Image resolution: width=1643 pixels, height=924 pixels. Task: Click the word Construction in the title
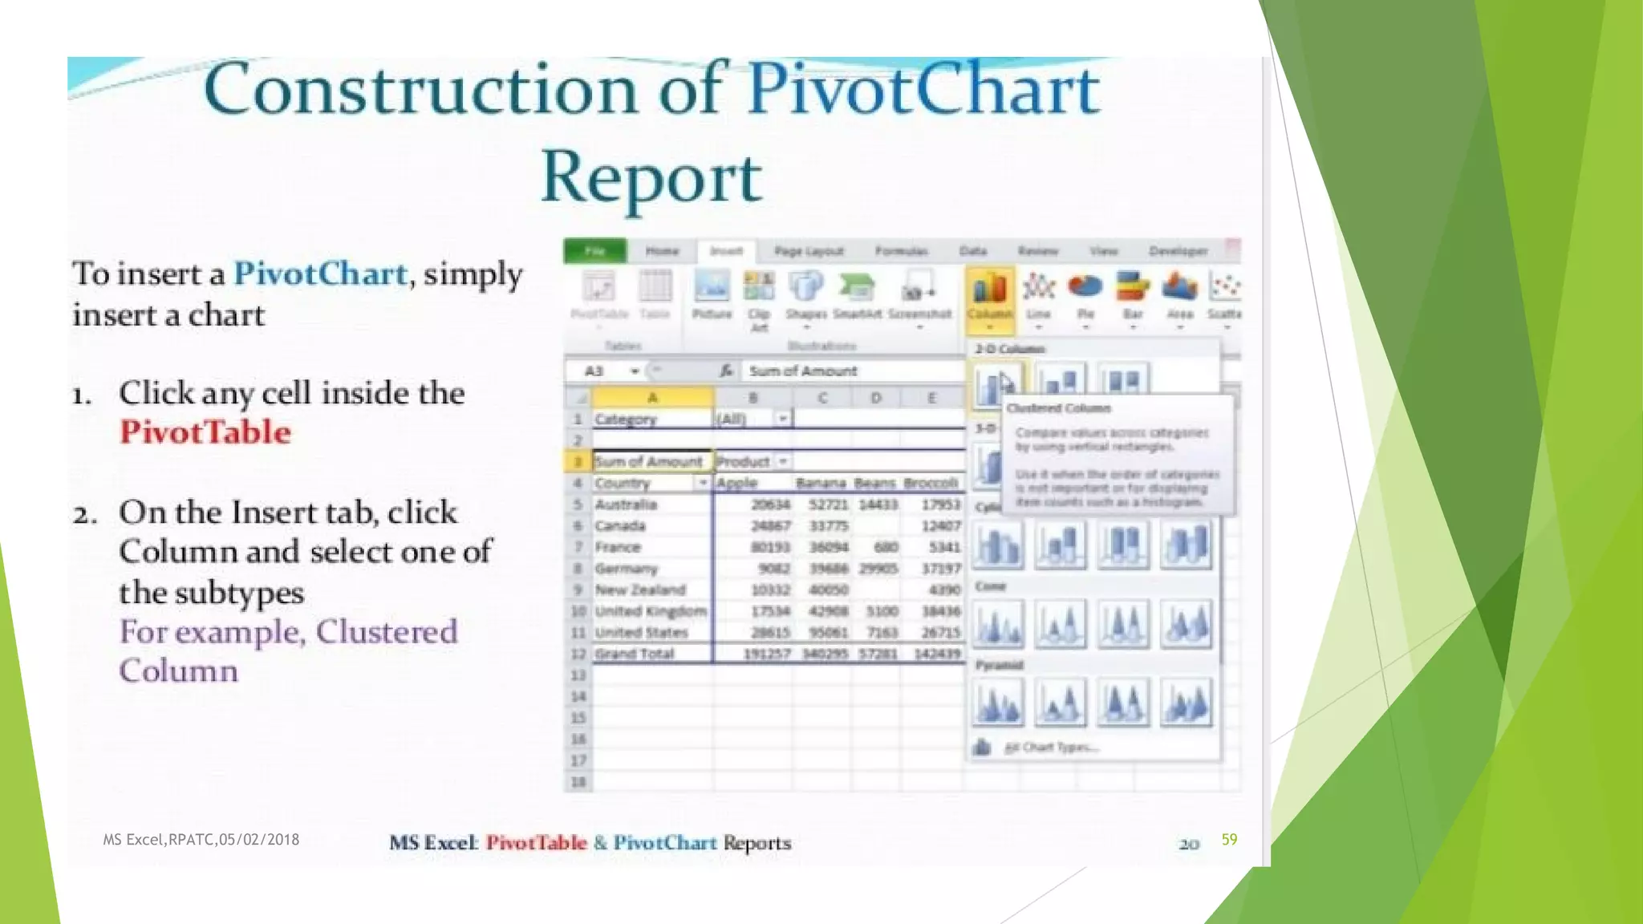(421, 90)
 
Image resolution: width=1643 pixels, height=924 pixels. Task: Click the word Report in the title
(651, 177)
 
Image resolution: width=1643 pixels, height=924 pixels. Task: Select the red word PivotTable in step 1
(205, 432)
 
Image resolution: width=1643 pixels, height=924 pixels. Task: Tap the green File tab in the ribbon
(594, 251)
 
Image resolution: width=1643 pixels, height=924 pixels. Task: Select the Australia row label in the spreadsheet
(626, 505)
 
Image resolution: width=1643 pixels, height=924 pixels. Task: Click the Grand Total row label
(634, 654)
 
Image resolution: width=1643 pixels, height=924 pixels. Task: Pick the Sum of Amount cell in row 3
(648, 461)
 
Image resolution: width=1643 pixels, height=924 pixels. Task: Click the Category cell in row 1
(626, 419)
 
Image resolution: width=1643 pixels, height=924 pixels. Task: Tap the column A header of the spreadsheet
(652, 397)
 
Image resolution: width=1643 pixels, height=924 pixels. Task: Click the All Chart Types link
(1051, 748)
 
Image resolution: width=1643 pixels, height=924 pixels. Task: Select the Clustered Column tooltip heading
(1058, 408)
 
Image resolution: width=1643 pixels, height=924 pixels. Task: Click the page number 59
(1229, 839)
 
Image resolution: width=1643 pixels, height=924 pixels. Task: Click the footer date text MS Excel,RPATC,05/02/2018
(201, 840)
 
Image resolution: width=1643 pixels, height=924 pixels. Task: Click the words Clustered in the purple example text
(386, 632)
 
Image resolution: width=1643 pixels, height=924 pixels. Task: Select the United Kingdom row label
(651, 611)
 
